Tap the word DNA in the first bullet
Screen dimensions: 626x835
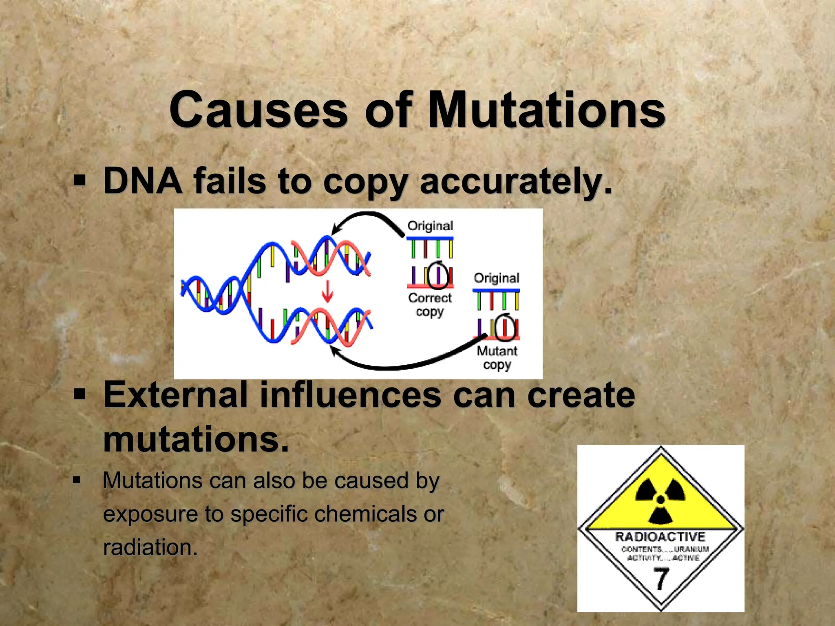[x=143, y=181]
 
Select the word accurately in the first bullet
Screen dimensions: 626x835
[x=515, y=181]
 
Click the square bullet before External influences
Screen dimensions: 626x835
[x=80, y=394]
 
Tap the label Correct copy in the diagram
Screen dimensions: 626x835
[x=430, y=304]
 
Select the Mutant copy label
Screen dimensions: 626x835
[x=497, y=357]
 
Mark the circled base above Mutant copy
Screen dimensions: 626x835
[x=505, y=326]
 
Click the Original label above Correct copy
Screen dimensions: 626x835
[x=430, y=226]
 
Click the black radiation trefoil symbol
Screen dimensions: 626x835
[x=660, y=500]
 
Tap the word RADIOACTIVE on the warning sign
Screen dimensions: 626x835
[x=660, y=537]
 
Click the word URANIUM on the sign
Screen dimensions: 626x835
[x=691, y=549]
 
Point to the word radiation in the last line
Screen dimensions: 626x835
[x=150, y=547]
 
